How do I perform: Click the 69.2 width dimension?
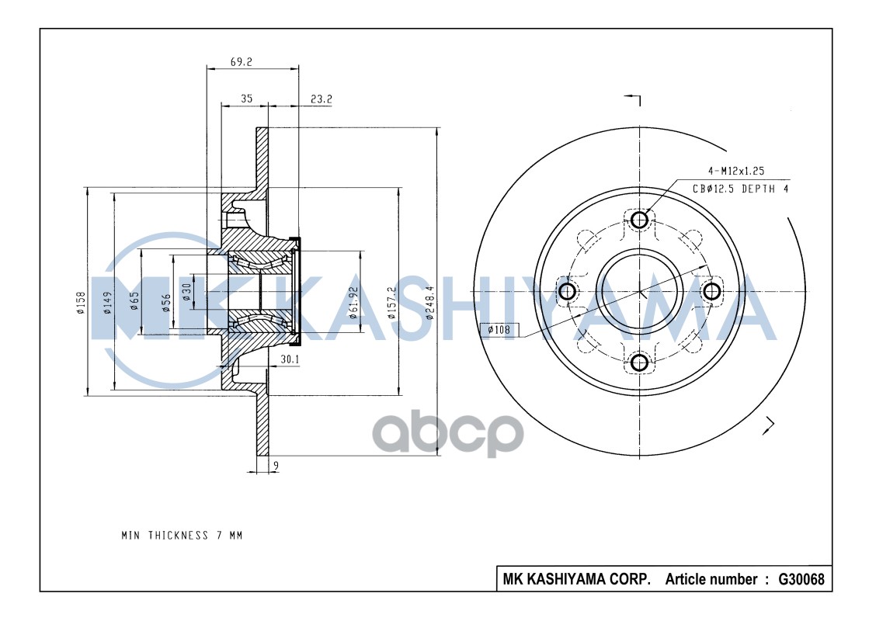click(x=242, y=61)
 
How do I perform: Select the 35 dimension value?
click(x=246, y=99)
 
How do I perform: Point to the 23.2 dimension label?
click(x=321, y=99)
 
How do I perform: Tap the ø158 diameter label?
click(x=80, y=303)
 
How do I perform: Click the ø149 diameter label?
click(x=107, y=303)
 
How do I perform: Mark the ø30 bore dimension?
click(x=187, y=292)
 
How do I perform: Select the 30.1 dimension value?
click(x=290, y=359)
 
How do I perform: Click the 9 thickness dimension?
click(x=276, y=466)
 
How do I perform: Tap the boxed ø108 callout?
click(x=498, y=330)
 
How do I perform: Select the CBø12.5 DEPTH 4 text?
click(x=740, y=189)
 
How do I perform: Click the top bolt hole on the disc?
click(x=639, y=220)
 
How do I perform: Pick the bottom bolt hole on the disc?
click(x=639, y=363)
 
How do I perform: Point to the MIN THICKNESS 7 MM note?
click(x=182, y=536)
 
